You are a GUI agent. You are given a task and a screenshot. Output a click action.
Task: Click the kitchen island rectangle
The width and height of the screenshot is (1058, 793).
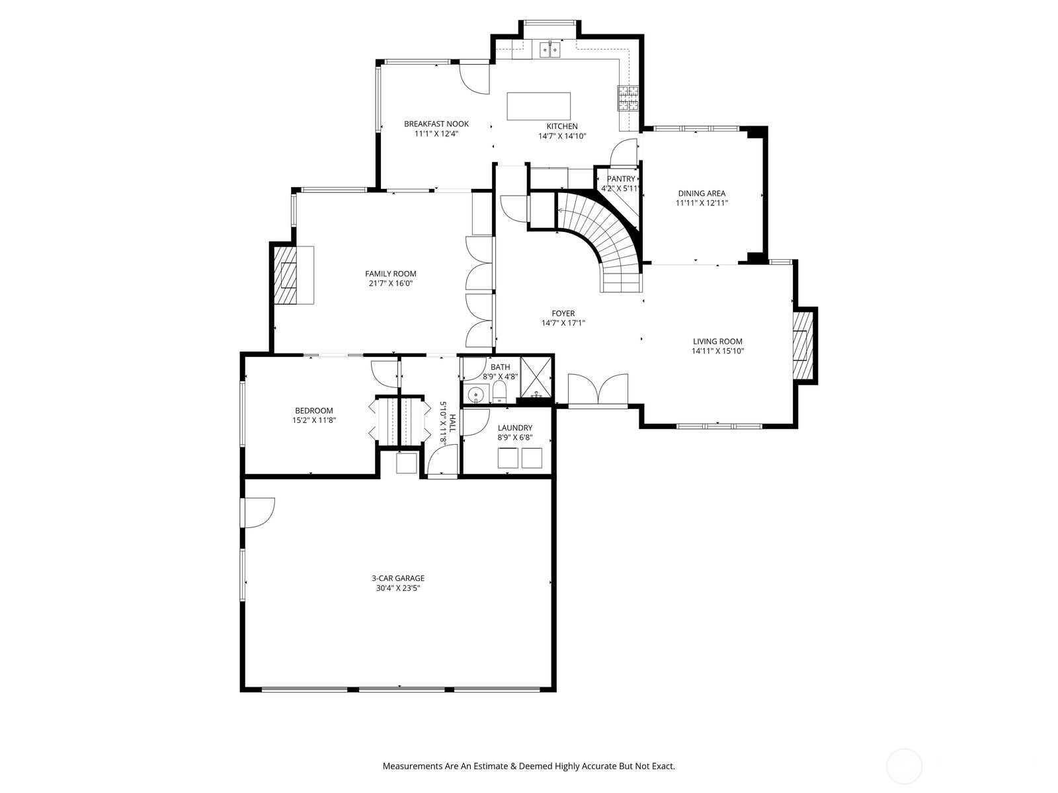point(538,106)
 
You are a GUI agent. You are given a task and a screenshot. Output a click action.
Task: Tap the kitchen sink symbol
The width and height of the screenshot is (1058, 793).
point(549,49)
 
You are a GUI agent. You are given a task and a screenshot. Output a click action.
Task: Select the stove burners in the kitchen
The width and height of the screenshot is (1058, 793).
point(629,98)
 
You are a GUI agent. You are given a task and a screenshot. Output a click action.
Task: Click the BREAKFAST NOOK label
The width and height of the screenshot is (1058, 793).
point(436,124)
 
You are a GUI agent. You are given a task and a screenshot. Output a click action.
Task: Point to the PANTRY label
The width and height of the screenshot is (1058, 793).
point(621,179)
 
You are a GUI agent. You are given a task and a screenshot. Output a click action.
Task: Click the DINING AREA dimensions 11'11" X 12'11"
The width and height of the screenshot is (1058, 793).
point(701,204)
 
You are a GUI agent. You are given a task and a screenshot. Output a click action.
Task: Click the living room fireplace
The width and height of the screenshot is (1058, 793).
point(801,345)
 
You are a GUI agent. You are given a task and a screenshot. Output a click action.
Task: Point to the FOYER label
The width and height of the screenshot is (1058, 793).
point(563,313)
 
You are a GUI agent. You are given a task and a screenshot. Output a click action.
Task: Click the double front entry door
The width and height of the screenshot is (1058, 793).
point(598,390)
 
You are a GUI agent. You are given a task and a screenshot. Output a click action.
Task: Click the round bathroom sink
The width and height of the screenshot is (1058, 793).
point(475,395)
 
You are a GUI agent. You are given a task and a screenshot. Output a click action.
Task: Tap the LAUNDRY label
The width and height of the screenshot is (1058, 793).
point(514,428)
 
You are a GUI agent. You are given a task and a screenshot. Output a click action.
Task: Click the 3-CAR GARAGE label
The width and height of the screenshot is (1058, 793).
point(397,578)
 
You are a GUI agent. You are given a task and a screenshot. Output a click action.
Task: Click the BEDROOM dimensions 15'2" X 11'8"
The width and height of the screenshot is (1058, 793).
point(313,420)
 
